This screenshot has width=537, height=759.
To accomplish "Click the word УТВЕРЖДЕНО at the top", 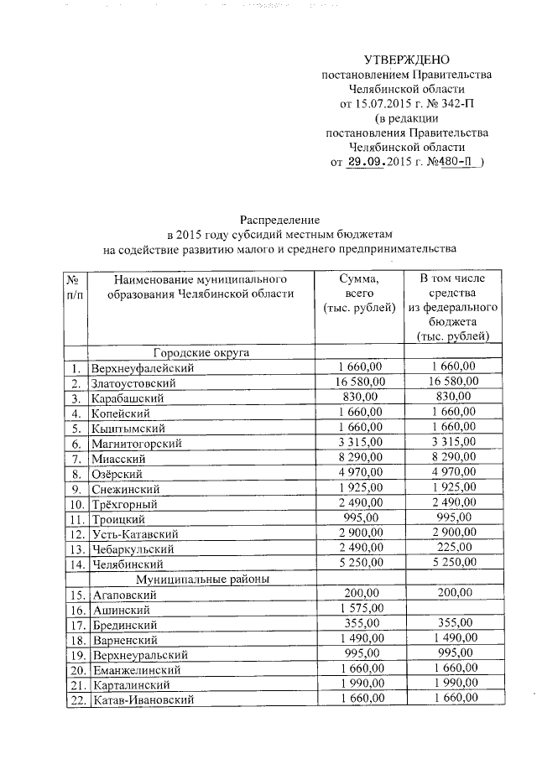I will click(x=407, y=60).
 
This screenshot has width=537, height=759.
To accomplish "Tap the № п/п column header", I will click(x=75, y=286).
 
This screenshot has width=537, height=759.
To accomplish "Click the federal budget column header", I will click(x=453, y=307).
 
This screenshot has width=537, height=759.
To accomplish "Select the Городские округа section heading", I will click(x=201, y=353).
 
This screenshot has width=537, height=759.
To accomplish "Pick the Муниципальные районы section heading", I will click(x=201, y=578).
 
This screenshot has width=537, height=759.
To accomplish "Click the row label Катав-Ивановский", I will click(x=143, y=699).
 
